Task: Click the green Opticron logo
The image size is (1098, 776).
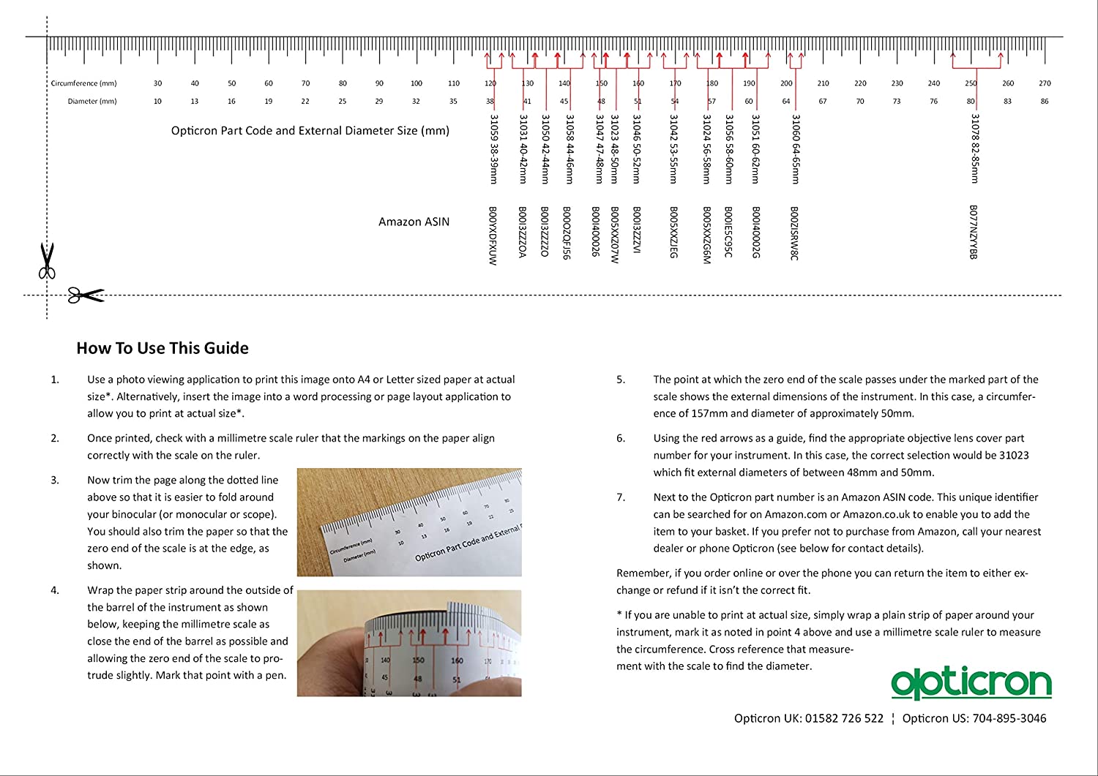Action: click(971, 683)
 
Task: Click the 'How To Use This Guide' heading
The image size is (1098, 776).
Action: click(163, 348)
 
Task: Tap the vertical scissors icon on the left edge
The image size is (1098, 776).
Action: click(47, 261)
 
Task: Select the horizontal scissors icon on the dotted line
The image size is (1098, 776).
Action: click(86, 295)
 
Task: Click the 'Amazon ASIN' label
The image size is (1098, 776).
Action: click(414, 222)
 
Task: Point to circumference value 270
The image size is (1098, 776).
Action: click(1045, 83)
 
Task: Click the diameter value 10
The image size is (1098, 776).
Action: click(157, 101)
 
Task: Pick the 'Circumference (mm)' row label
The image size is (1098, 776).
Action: click(83, 83)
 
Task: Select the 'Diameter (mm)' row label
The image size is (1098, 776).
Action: click(92, 101)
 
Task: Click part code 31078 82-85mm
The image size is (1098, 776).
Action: click(974, 148)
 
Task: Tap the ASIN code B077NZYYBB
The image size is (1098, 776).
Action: click(973, 232)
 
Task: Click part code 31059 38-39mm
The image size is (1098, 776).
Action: click(494, 148)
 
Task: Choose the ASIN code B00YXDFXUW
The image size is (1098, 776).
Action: click(493, 236)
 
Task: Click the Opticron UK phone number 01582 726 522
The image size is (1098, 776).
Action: click(844, 718)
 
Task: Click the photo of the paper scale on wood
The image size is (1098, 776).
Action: click(409, 522)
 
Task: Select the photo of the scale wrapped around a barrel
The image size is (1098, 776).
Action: click(409, 643)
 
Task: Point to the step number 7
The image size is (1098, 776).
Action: click(621, 497)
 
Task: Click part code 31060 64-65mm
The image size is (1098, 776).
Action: click(796, 148)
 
